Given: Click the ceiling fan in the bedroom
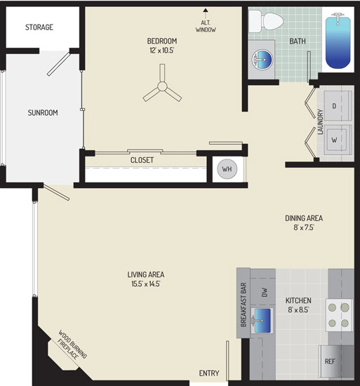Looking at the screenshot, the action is [x=162, y=86].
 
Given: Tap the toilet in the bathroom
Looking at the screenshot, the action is [x=266, y=21].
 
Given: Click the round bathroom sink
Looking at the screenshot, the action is [x=262, y=60].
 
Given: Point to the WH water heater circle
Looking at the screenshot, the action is [x=227, y=169].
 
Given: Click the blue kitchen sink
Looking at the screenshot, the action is [x=262, y=320].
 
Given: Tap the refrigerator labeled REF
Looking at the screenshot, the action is [x=336, y=361].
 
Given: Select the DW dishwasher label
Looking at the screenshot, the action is [x=265, y=292].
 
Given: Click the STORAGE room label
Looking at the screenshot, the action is [x=39, y=27].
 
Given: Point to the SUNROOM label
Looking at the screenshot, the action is [x=43, y=113].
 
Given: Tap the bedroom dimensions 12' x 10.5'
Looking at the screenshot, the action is [x=162, y=51].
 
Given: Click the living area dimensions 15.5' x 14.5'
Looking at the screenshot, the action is [x=146, y=284].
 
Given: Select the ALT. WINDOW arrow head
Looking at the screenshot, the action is [x=206, y=10].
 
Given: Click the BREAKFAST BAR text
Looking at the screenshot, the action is [x=244, y=305].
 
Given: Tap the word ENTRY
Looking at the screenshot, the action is [x=209, y=373].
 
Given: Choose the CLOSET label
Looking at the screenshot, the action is [x=142, y=160].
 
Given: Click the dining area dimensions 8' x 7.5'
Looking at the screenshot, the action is [x=304, y=227].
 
